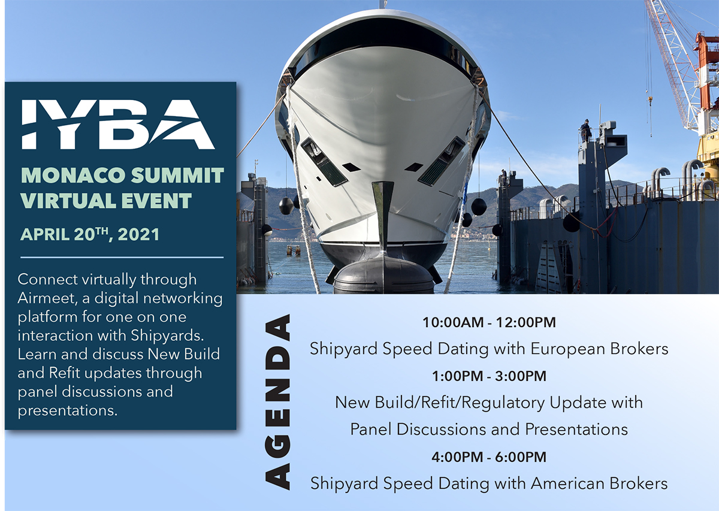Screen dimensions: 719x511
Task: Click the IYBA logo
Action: [x=118, y=125]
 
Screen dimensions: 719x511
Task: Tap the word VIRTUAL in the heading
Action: [x=62, y=201]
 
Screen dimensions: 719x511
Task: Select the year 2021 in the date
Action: [x=138, y=234]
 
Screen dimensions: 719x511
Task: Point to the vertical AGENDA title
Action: [x=277, y=402]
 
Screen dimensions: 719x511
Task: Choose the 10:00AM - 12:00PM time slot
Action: [x=489, y=322]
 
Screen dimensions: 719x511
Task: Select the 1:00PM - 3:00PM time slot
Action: [x=489, y=376]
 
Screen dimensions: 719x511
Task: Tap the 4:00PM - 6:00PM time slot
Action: [x=489, y=456]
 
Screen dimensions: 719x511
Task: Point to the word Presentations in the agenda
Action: [x=576, y=430]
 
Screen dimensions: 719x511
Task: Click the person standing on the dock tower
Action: [x=586, y=130]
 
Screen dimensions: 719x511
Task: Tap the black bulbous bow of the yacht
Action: [x=383, y=276]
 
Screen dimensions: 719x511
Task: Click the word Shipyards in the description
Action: [x=167, y=336]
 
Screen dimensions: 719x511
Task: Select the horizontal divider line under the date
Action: [x=122, y=257]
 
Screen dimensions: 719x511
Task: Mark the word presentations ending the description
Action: [x=67, y=411]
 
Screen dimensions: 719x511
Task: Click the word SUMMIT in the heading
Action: [x=177, y=176]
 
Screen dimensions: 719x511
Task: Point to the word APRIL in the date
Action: [x=45, y=234]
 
